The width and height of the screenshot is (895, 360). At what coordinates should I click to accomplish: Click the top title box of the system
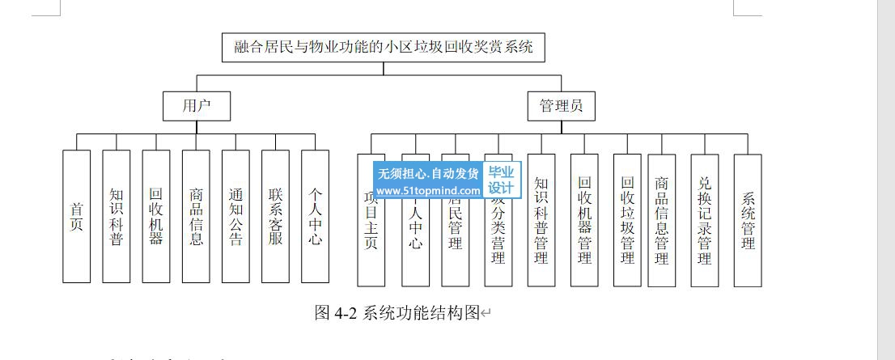pyautogui.click(x=384, y=47)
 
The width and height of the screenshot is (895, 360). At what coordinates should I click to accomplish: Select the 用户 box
pyautogui.click(x=196, y=106)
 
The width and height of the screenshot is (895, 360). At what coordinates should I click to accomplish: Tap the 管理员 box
pyautogui.click(x=562, y=106)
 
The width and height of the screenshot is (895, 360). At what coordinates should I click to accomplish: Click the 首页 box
pyautogui.click(x=76, y=217)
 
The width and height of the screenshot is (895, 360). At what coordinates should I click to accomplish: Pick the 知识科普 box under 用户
pyautogui.click(x=117, y=217)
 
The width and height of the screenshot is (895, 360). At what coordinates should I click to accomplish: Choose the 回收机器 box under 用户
pyautogui.click(x=156, y=217)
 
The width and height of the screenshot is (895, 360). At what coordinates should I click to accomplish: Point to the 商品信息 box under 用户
pyautogui.click(x=196, y=217)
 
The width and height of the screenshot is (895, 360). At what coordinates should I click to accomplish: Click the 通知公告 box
pyautogui.click(x=235, y=217)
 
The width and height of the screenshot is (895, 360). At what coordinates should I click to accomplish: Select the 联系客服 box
pyautogui.click(x=275, y=217)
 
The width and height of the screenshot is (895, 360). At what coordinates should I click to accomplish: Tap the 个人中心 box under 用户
pyautogui.click(x=315, y=217)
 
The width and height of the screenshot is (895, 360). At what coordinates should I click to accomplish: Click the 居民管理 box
pyautogui.click(x=456, y=235)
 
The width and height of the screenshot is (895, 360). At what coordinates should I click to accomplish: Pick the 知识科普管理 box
pyautogui.click(x=541, y=220)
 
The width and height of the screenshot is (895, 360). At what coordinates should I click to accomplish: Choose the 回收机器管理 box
pyautogui.click(x=584, y=220)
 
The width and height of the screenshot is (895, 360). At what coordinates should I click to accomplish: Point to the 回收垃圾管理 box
pyautogui.click(x=627, y=220)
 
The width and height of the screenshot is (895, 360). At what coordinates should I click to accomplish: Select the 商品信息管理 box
pyautogui.click(x=662, y=220)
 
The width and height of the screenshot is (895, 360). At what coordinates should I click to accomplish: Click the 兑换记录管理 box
pyautogui.click(x=705, y=220)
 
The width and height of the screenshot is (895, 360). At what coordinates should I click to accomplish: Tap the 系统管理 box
pyautogui.click(x=748, y=220)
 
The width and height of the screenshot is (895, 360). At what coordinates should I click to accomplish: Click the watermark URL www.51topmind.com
pyautogui.click(x=429, y=191)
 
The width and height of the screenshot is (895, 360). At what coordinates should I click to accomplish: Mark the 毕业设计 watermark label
pyautogui.click(x=502, y=180)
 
